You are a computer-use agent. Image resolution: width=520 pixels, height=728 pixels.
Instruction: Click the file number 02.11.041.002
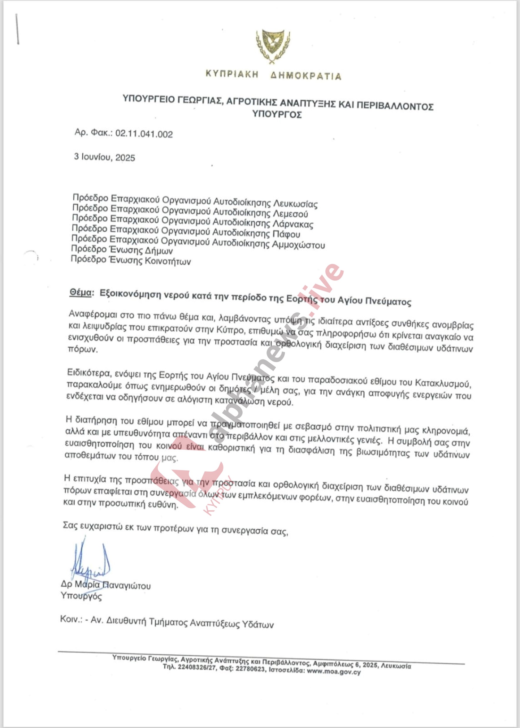tap(144, 134)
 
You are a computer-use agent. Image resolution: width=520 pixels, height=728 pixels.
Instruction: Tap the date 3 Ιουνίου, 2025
tap(104, 157)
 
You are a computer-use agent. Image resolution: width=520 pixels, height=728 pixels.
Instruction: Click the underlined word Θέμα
tap(80, 292)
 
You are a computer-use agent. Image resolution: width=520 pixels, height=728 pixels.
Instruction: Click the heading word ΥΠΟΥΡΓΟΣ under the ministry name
tap(277, 114)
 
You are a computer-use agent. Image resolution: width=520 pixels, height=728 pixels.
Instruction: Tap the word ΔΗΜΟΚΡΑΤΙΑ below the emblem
tap(306, 76)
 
